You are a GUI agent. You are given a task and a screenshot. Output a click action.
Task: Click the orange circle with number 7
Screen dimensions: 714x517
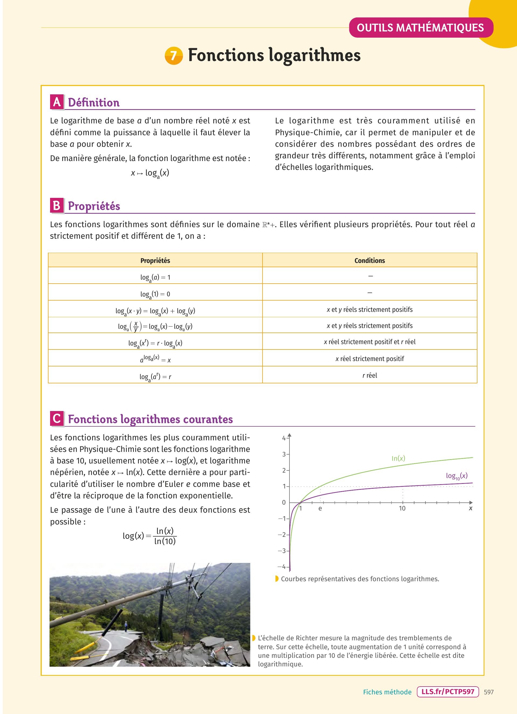pyautogui.click(x=174, y=56)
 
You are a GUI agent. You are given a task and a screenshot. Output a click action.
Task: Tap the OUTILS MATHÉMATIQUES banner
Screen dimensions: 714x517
pyautogui.click(x=420, y=28)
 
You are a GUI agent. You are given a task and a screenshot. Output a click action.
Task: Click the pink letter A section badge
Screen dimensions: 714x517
pyautogui.click(x=57, y=102)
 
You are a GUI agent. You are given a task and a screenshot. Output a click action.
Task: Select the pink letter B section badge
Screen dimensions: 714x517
pyautogui.click(x=57, y=206)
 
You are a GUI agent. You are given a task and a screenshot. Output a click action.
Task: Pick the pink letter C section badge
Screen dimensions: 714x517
pyautogui.click(x=57, y=419)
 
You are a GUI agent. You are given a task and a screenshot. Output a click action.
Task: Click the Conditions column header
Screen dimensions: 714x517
pyautogui.click(x=369, y=260)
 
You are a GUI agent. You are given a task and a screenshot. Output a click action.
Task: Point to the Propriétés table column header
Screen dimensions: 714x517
pyautogui.click(x=155, y=260)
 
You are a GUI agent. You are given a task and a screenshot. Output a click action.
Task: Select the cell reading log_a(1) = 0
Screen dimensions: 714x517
pyautogui.click(x=155, y=294)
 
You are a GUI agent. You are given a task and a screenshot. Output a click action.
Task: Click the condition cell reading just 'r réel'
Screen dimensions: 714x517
pyautogui.click(x=369, y=375)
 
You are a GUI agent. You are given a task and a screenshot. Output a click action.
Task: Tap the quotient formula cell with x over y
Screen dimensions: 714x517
pyautogui.click(x=155, y=326)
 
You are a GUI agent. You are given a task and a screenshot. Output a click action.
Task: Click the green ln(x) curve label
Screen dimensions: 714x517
pyautogui.click(x=398, y=458)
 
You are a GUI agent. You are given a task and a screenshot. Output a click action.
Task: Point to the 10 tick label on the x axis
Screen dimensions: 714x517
pyautogui.click(x=402, y=508)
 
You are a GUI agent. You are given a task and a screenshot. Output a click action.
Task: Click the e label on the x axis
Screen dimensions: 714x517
pyautogui.click(x=320, y=508)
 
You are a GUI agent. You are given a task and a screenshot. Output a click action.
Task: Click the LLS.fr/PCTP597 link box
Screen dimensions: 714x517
pyautogui.click(x=448, y=692)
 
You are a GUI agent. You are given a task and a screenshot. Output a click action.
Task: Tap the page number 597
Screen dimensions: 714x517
pyautogui.click(x=489, y=692)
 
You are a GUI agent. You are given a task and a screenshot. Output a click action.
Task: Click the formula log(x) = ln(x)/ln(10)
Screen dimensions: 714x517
pyautogui.click(x=149, y=536)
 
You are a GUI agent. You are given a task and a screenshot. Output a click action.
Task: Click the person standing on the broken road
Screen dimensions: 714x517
pyautogui.click(x=126, y=626)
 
